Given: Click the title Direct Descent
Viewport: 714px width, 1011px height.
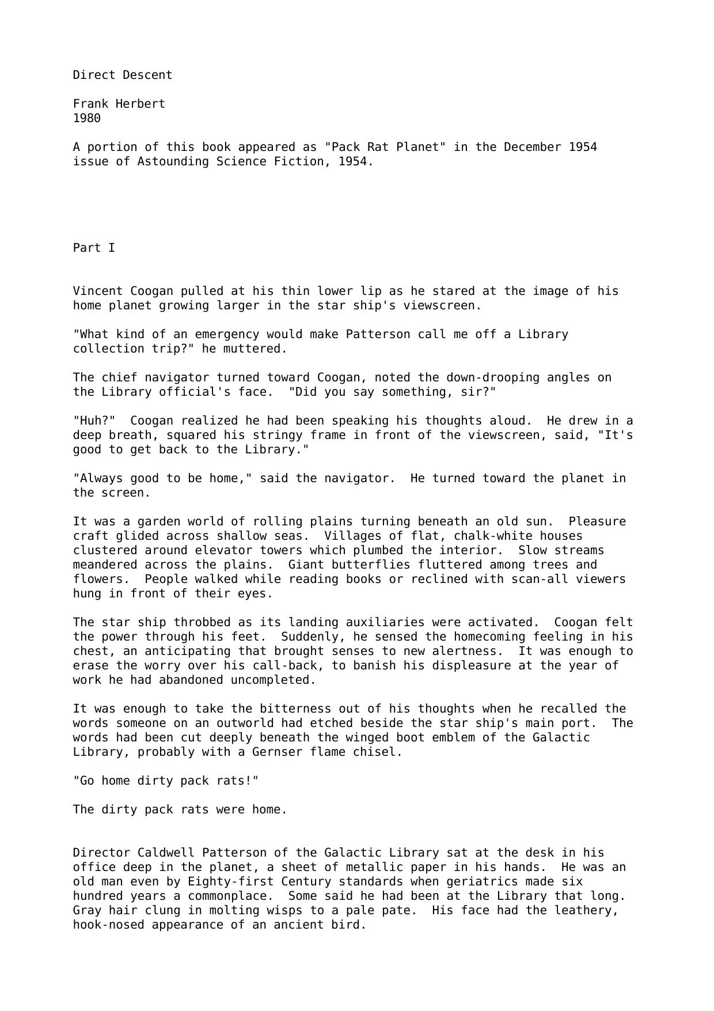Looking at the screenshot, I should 122,75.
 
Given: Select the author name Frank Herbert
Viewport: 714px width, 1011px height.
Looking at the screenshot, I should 119,104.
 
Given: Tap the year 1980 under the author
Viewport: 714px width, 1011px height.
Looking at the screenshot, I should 87,118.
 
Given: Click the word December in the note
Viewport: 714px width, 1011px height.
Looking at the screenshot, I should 533,147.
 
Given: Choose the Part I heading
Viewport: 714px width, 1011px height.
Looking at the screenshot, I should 94,248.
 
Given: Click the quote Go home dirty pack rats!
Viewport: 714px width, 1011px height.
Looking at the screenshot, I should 166,781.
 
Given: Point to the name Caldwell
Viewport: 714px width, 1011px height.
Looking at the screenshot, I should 166,853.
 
